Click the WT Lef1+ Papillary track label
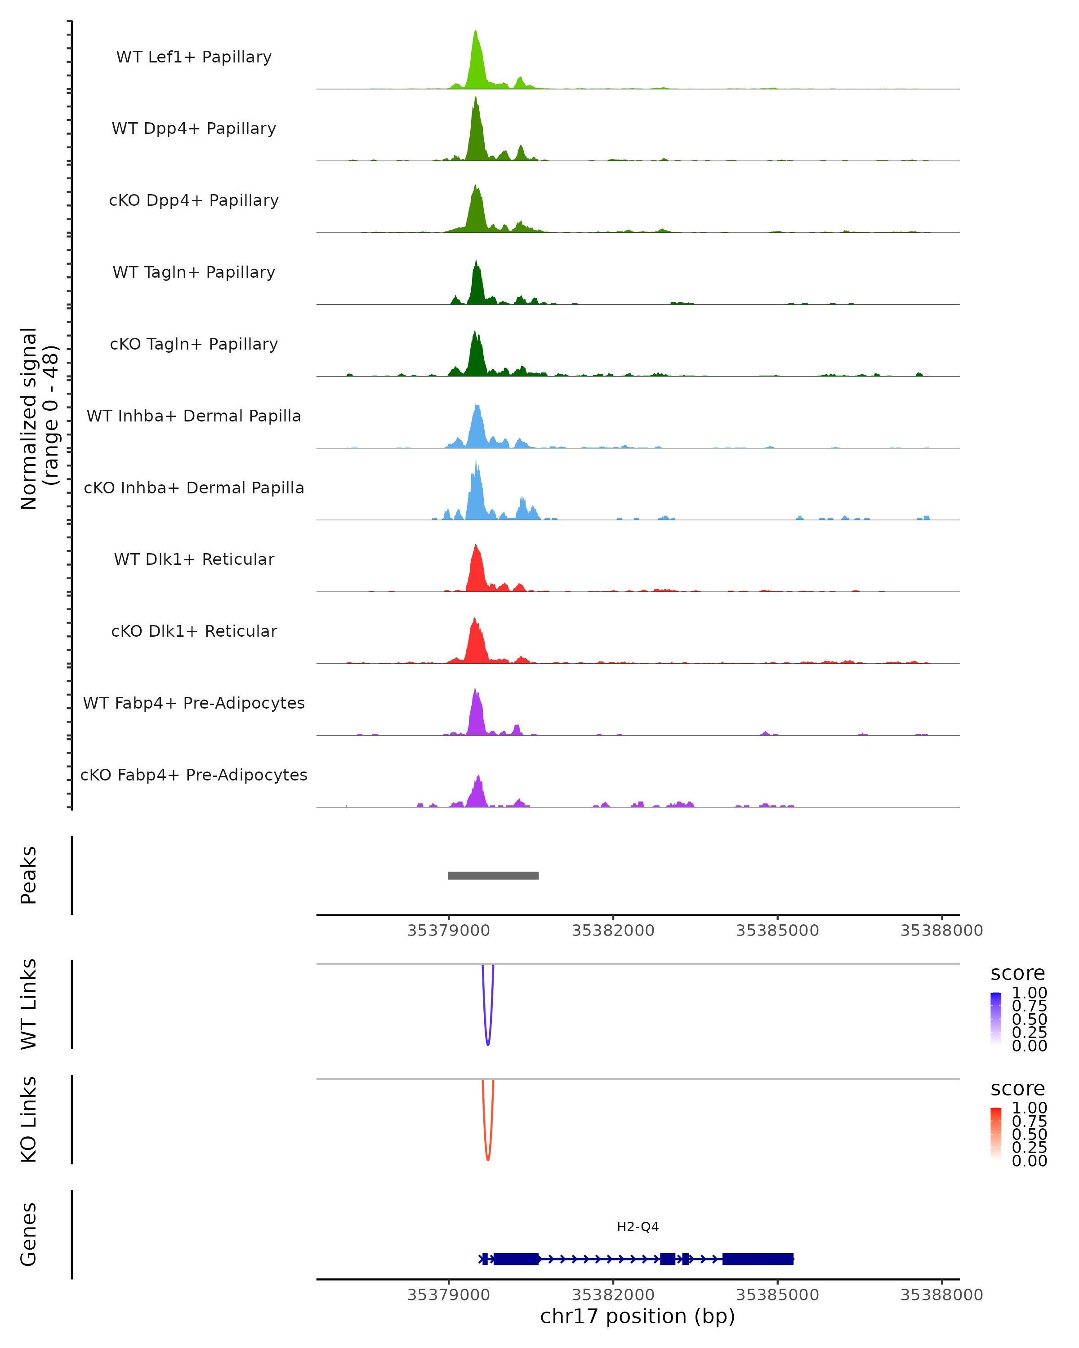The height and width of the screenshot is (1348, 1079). click(x=194, y=57)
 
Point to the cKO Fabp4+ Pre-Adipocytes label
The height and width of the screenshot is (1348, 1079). click(x=194, y=775)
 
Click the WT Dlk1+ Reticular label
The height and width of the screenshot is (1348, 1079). click(x=194, y=559)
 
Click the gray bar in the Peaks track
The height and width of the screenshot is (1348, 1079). click(x=493, y=875)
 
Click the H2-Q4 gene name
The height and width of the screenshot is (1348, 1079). click(x=638, y=1227)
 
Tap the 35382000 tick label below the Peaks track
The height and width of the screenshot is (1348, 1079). click(x=613, y=931)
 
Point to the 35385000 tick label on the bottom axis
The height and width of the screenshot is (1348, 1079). click(x=777, y=1295)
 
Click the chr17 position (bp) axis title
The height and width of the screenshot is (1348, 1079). click(x=638, y=1317)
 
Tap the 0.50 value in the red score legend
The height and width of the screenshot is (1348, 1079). click(x=1030, y=1134)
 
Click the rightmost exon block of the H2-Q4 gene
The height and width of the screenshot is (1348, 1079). click(x=758, y=1259)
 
